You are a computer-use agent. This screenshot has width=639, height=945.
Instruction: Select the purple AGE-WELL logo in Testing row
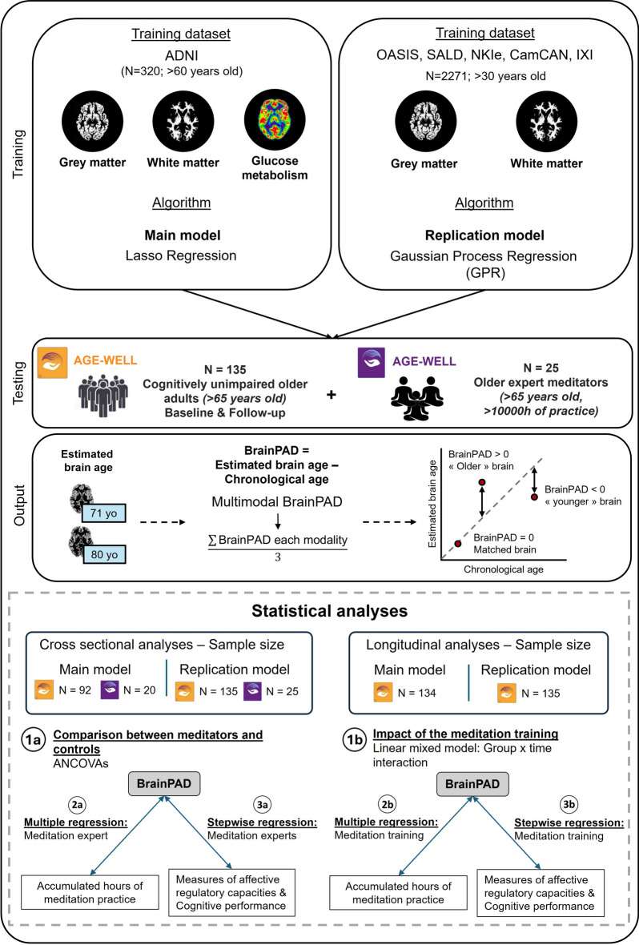pyautogui.click(x=372, y=363)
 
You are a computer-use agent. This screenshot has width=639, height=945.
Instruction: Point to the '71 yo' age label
pyautogui.click(x=103, y=513)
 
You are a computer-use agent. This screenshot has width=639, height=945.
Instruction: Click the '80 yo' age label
pyautogui.click(x=103, y=554)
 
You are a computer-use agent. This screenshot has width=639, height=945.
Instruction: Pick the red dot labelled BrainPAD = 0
pyautogui.click(x=457, y=544)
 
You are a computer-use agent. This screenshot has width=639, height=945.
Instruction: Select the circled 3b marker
pyautogui.click(x=569, y=805)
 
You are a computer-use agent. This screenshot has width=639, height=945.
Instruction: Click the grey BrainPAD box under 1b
pyautogui.click(x=472, y=784)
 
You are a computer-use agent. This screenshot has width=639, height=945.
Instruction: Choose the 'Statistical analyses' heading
pyautogui.click(x=329, y=611)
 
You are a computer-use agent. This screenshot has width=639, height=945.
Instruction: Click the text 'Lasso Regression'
pyautogui.click(x=181, y=255)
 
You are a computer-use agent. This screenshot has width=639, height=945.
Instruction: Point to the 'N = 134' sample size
pyautogui.click(x=416, y=693)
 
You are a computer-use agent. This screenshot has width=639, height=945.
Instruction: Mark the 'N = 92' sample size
pyautogui.click(x=74, y=690)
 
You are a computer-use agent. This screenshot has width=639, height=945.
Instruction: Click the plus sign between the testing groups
pyautogui.click(x=331, y=395)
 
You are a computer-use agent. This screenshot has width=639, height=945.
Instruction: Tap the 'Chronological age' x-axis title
pyautogui.click(x=504, y=569)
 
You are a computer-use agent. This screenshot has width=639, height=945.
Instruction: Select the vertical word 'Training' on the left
pyautogui.click(x=18, y=154)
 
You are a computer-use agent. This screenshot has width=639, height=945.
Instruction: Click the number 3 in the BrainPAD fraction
pyautogui.click(x=277, y=557)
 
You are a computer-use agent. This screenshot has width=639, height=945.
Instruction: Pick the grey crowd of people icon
pyautogui.click(x=103, y=396)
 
